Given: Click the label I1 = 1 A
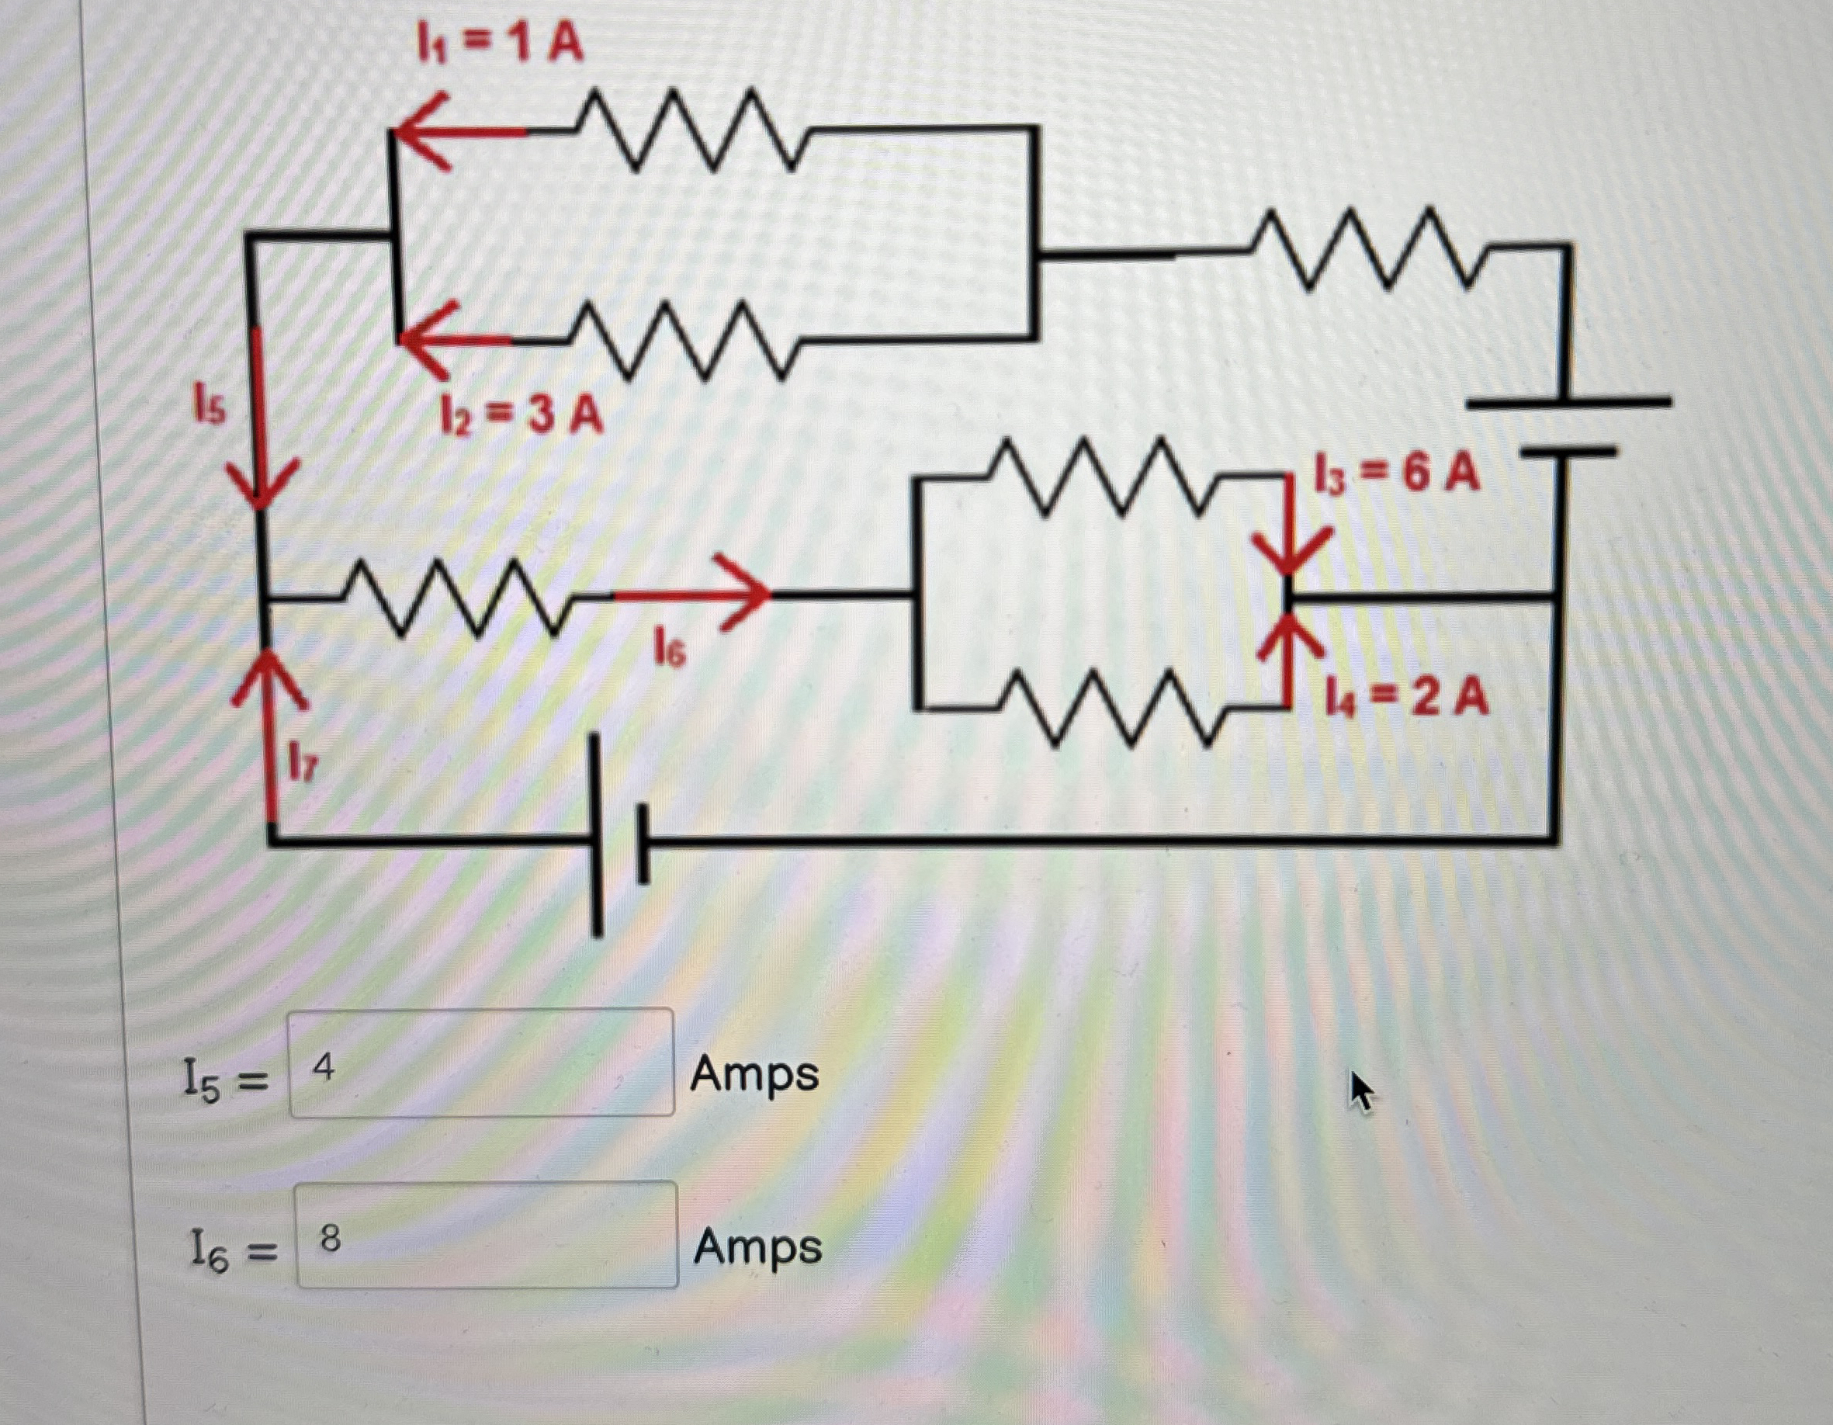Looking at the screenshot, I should pyautogui.click(x=501, y=43).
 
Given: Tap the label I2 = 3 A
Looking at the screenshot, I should pyautogui.click(x=522, y=414).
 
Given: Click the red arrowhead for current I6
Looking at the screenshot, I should pyautogui.click(x=743, y=592).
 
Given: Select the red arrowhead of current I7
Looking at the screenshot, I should pyautogui.click(x=269, y=677).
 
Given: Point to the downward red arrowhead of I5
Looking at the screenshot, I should pyautogui.click(x=262, y=483).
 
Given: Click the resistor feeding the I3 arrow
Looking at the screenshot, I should pyautogui.click(x=1103, y=476).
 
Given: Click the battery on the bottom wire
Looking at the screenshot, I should pyautogui.click(x=619, y=836).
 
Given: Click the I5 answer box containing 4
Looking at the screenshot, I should pyautogui.click(x=481, y=1063).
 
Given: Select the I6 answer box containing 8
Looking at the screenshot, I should pyautogui.click(x=487, y=1236).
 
